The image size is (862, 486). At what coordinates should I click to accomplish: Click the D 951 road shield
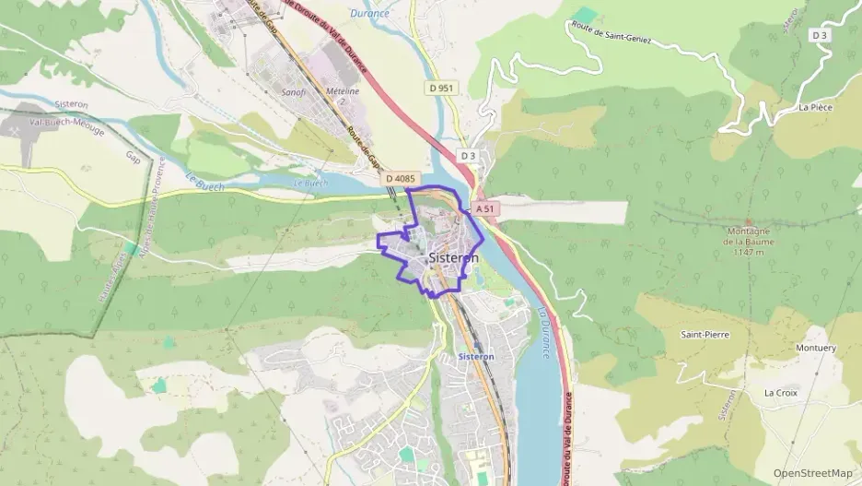click(440, 88)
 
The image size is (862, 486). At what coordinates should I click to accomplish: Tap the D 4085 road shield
click(402, 178)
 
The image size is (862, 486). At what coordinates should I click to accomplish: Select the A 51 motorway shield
click(485, 209)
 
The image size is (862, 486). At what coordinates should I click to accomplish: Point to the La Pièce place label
click(816, 107)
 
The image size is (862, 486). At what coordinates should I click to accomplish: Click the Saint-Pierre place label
click(705, 334)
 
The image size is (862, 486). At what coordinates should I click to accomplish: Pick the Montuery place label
click(815, 349)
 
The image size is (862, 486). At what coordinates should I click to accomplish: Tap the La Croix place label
click(781, 392)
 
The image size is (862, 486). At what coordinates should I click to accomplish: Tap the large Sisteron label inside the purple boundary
click(453, 259)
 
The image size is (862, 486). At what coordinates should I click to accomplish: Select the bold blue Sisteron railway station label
click(476, 356)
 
